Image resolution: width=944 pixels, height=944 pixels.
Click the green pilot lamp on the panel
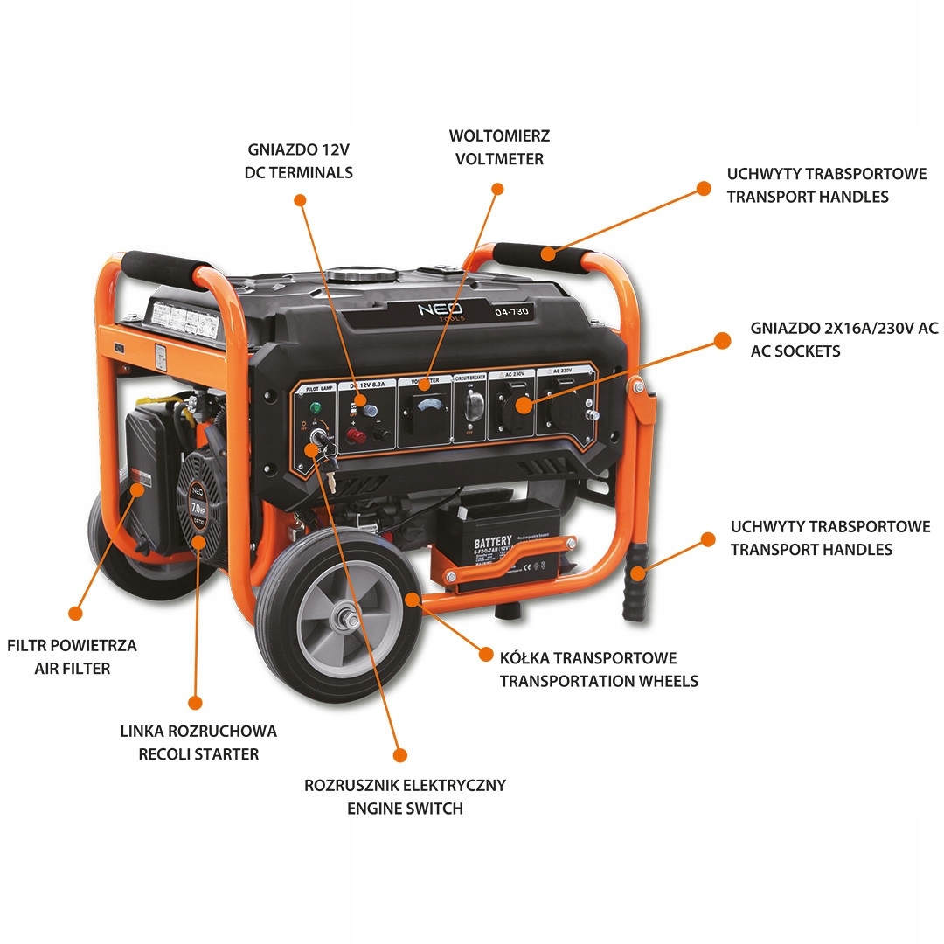coord(313,407)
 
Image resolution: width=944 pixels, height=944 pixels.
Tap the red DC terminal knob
coord(357,433)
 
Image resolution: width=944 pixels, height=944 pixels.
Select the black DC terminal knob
coord(381,433)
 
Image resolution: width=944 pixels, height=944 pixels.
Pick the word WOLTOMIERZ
coord(500,136)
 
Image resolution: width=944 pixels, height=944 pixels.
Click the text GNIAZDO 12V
coord(299,149)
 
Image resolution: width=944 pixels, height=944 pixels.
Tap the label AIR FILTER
coord(73,669)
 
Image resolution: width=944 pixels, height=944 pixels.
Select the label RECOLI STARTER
coord(198,753)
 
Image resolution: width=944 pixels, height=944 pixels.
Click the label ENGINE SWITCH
coord(405,809)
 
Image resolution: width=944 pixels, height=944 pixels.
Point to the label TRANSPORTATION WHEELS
coord(599,681)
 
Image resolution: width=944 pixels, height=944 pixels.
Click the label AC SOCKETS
coord(795,351)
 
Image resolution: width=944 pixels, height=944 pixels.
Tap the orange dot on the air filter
coord(136,491)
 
